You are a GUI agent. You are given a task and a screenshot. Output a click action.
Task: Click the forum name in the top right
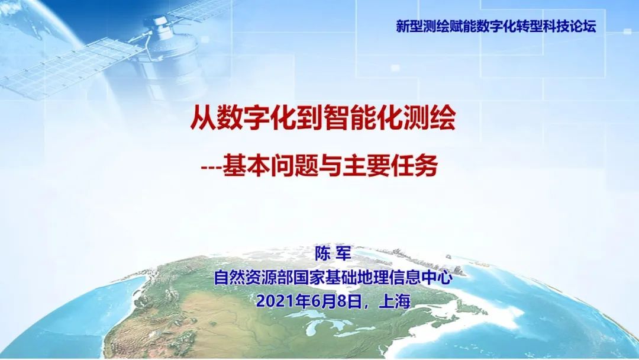coord(496,26)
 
